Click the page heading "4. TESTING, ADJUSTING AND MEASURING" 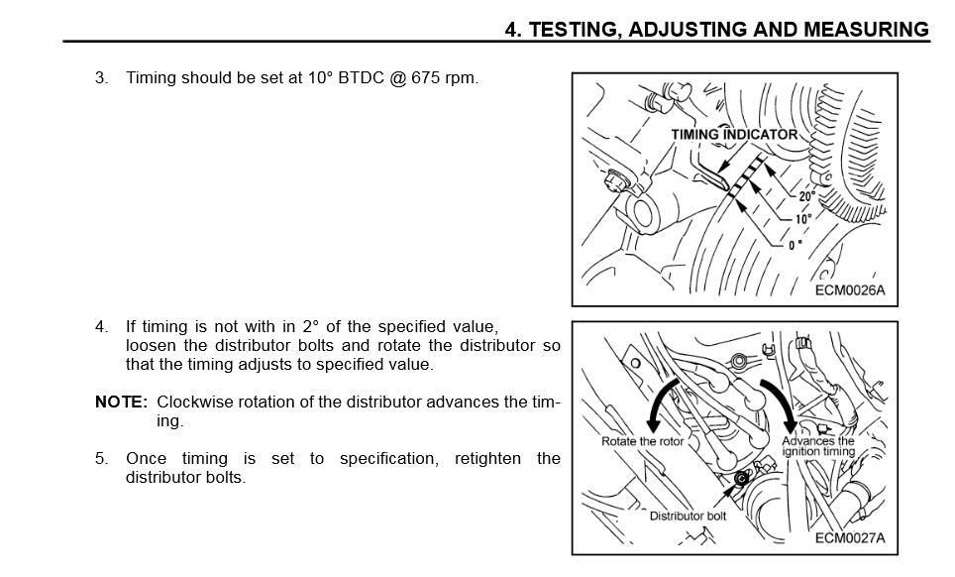(x=716, y=29)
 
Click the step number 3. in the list (x=102, y=77)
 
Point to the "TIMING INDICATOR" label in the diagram (x=733, y=134)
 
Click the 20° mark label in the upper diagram (x=806, y=196)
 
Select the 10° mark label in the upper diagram (x=802, y=219)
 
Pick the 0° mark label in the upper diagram (x=796, y=245)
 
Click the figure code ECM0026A (x=849, y=290)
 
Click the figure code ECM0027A (x=849, y=538)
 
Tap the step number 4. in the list (x=102, y=326)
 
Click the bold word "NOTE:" (x=121, y=402)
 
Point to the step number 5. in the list (x=102, y=458)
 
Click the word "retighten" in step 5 (x=490, y=458)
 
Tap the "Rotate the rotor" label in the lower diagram (x=642, y=441)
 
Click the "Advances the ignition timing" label (x=818, y=446)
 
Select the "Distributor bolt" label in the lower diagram (x=688, y=516)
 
